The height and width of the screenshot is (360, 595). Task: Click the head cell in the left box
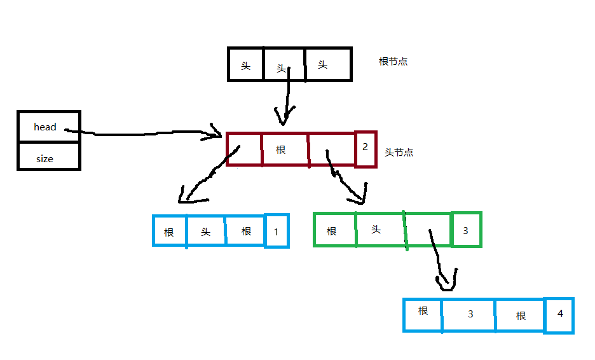(45, 127)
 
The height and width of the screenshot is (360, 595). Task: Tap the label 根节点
(393, 62)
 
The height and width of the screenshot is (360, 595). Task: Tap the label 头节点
(399, 153)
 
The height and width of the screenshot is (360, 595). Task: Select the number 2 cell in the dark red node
(366, 149)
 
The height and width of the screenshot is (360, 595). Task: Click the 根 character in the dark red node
(281, 150)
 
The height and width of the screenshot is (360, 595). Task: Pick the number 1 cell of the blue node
(277, 231)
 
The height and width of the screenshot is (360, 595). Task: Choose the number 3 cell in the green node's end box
(466, 230)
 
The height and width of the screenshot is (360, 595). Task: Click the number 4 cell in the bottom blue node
(559, 314)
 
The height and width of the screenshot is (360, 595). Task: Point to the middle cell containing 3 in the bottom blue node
(470, 314)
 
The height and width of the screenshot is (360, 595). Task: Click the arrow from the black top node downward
(287, 95)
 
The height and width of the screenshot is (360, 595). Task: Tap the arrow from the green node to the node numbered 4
(441, 258)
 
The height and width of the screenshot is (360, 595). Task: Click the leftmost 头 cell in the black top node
(245, 65)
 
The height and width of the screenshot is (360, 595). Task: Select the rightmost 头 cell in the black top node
(323, 65)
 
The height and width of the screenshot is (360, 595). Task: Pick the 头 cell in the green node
(376, 230)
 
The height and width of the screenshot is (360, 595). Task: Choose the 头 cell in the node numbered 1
(206, 232)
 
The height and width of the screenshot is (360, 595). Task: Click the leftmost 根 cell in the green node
(332, 231)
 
